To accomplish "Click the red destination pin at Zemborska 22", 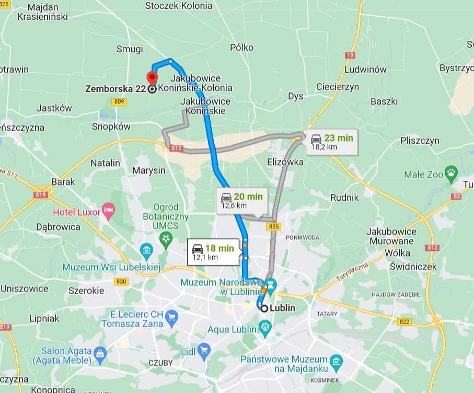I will click(x=152, y=78).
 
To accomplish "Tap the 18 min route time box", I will click(x=213, y=252).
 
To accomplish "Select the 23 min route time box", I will click(x=331, y=142).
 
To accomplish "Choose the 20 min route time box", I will click(x=241, y=201).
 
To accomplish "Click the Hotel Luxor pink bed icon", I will click(x=109, y=211).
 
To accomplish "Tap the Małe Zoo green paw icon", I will click(x=451, y=172).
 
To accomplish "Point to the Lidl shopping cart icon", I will click(x=204, y=350).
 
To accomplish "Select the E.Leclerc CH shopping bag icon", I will click(x=171, y=317).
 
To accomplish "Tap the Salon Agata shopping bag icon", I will click(x=99, y=355).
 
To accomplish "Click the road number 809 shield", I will click(x=119, y=102).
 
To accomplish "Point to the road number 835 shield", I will click(x=273, y=226).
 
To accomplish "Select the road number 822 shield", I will click(x=404, y=322).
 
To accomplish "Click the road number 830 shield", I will click(x=121, y=281).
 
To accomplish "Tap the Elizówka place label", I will click(x=285, y=162).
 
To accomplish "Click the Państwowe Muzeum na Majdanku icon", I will click(x=336, y=361).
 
